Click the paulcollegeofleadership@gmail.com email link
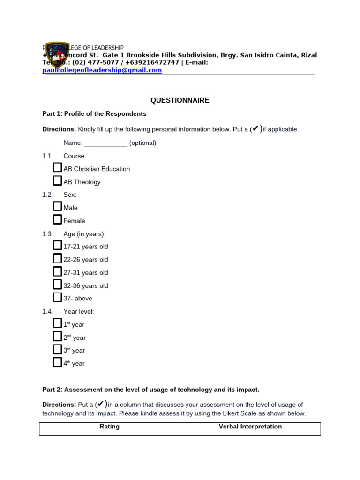pyautogui.click(x=102, y=70)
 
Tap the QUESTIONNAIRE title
pyautogui.click(x=180, y=100)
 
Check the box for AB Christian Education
pyautogui.click(x=57, y=168)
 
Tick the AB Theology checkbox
pyautogui.click(x=57, y=181)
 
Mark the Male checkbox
pyautogui.click(x=57, y=207)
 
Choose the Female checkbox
pyautogui.click(x=57, y=220)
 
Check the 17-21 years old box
pyautogui.click(x=57, y=246)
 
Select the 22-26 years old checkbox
pyautogui.click(x=57, y=259)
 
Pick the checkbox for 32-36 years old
pyautogui.click(x=57, y=285)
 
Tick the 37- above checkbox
pyautogui.click(x=57, y=298)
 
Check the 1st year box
pyautogui.click(x=57, y=323)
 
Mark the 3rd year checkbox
pyautogui.click(x=57, y=350)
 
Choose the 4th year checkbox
pyautogui.click(x=57, y=362)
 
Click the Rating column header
pyautogui.click(x=110, y=427)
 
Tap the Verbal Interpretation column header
pyautogui.click(x=250, y=427)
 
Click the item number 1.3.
pyautogui.click(x=47, y=234)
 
